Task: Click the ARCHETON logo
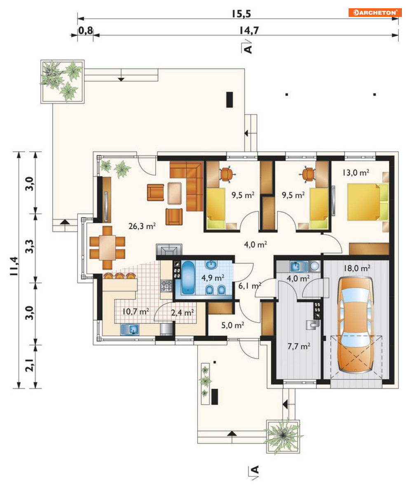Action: [375, 12]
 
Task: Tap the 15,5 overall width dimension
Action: [241, 14]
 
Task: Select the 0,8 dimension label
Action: [86, 30]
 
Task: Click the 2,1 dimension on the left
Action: [30, 366]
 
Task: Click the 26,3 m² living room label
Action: [142, 226]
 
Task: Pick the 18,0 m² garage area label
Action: [357, 268]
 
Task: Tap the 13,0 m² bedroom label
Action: [356, 173]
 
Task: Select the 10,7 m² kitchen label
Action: [136, 312]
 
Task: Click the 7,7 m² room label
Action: [299, 346]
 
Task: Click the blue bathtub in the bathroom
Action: [189, 278]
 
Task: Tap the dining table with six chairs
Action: [107, 248]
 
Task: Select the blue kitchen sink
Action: [130, 330]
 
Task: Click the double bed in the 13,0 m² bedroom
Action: [368, 202]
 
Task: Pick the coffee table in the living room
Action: [175, 193]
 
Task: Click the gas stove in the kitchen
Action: [166, 286]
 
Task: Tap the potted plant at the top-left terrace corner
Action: [62, 81]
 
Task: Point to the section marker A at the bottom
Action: [255, 470]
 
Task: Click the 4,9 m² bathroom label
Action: [213, 278]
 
